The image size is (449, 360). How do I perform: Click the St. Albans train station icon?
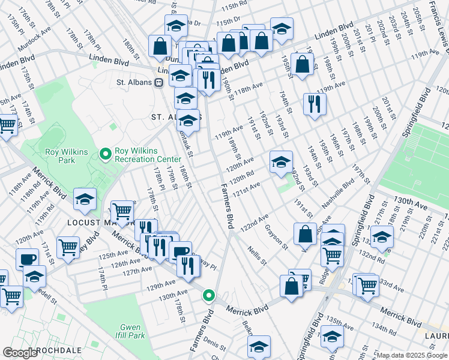coord(159,83)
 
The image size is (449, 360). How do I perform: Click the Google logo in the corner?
coord(20,352)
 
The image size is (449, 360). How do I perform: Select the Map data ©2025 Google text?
coord(412,355)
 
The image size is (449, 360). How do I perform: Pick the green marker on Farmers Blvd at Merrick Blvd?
coord(208,295)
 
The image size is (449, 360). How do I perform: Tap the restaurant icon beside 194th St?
coord(315,104)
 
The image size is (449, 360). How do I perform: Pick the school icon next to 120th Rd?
coord(281,161)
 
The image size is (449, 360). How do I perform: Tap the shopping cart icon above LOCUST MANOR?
coord(122,211)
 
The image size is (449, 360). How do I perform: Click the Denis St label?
coord(214,340)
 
